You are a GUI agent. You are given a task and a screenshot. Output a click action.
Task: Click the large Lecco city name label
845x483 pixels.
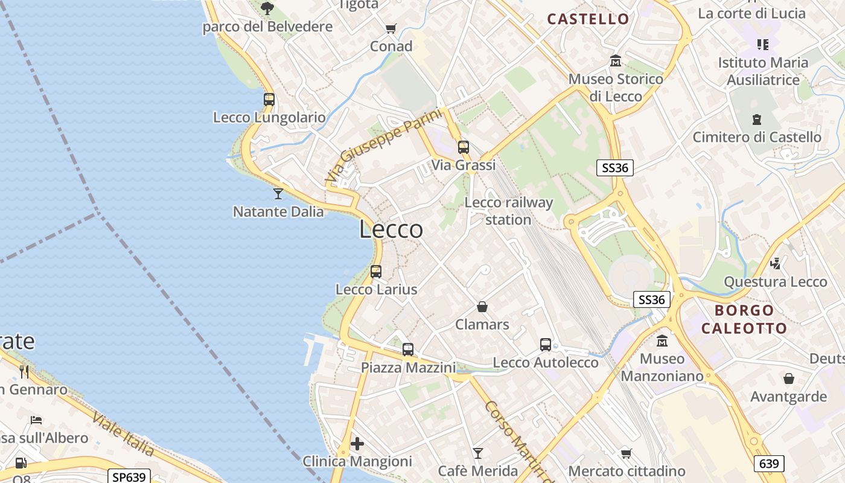[391, 229]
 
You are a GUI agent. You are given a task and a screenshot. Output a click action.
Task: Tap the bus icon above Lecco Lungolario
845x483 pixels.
[269, 100]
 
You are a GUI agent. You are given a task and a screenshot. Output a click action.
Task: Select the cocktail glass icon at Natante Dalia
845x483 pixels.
[278, 193]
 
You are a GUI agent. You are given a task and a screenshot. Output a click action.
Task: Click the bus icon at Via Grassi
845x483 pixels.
[463, 147]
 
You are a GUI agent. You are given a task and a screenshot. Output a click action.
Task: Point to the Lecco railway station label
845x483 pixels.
[508, 211]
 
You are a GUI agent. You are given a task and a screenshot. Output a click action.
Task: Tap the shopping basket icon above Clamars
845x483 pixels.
[482, 307]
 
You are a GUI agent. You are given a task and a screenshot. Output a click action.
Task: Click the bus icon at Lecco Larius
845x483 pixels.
[376, 272]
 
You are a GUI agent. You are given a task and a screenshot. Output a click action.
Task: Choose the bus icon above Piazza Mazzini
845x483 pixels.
[408, 349]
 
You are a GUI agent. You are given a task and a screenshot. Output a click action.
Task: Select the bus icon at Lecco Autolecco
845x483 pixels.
[546, 345]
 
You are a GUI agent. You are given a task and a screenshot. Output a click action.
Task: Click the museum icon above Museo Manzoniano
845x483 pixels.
[662, 341]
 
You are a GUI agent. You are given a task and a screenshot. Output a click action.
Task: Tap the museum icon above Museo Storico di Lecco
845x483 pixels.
[616, 61]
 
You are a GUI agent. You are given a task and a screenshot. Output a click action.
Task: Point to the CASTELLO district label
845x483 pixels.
[588, 19]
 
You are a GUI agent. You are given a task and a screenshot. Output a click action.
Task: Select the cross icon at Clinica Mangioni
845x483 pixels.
[357, 444]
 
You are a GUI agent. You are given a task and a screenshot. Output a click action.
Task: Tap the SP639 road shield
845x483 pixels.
[129, 476]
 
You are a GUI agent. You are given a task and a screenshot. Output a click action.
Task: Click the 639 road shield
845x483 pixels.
[769, 464]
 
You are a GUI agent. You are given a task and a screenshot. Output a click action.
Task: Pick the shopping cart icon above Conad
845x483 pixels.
[391, 28]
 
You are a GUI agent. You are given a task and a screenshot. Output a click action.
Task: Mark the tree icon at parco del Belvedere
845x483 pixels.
[267, 8]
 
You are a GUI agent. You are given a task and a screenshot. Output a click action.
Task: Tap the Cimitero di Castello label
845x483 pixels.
[757, 137]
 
